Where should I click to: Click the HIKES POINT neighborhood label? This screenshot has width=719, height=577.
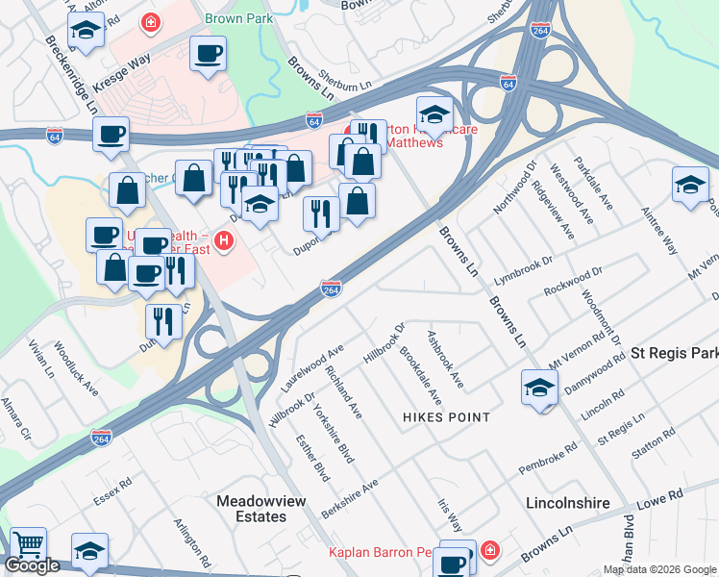pos(447,417)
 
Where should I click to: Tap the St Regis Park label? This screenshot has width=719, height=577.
pos(674,353)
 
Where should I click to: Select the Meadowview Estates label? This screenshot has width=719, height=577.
pos(251,509)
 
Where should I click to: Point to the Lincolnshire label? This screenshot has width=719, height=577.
pos(568,503)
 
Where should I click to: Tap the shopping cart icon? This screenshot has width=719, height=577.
pos(27,544)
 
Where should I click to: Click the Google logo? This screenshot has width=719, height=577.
pos(32,565)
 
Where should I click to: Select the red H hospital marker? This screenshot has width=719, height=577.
pos(225,240)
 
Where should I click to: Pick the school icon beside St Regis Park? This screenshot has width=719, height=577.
pos(539,388)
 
